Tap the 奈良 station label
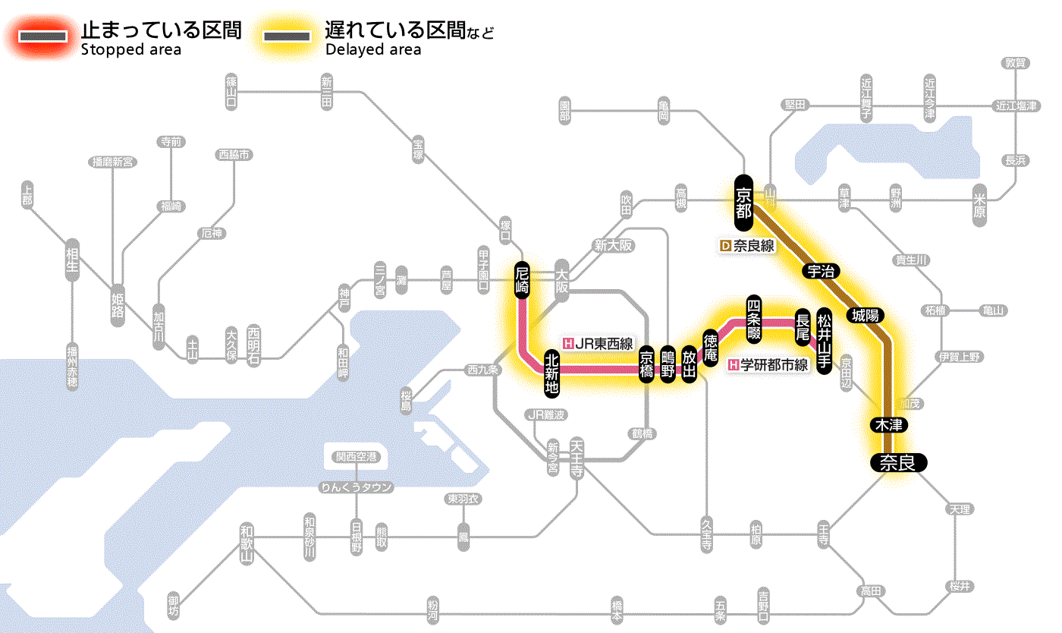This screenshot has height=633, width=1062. (x=897, y=462)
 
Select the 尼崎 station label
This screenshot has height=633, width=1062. (x=521, y=280)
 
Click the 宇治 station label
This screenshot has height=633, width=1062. (x=817, y=272)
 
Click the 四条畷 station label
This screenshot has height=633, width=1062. (x=753, y=316)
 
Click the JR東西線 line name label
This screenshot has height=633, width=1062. (x=598, y=343)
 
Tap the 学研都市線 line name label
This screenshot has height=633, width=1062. (x=768, y=365)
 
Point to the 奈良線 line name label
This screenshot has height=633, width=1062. (x=746, y=246)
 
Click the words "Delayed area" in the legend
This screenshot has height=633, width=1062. (x=373, y=50)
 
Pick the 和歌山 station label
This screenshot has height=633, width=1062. (x=247, y=543)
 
